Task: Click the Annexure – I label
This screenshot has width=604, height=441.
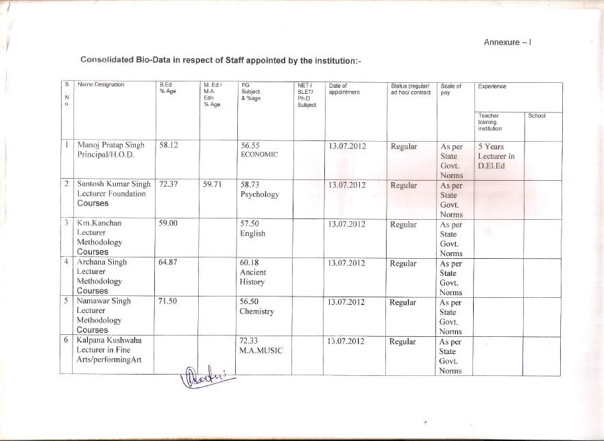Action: click(508, 42)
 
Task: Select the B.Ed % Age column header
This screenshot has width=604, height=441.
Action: click(168, 89)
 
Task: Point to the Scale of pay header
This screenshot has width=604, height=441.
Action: click(450, 89)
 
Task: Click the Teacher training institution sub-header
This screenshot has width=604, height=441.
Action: click(491, 122)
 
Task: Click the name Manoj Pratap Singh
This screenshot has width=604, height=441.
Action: click(110, 145)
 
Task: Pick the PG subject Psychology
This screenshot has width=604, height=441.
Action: click(260, 194)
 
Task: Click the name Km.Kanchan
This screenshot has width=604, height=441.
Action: click(100, 223)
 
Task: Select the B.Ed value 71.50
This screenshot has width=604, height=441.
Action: click(169, 301)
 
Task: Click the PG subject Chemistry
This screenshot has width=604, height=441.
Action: click(257, 312)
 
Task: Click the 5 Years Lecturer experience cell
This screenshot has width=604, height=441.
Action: click(496, 155)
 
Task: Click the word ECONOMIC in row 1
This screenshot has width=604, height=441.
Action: click(258, 155)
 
